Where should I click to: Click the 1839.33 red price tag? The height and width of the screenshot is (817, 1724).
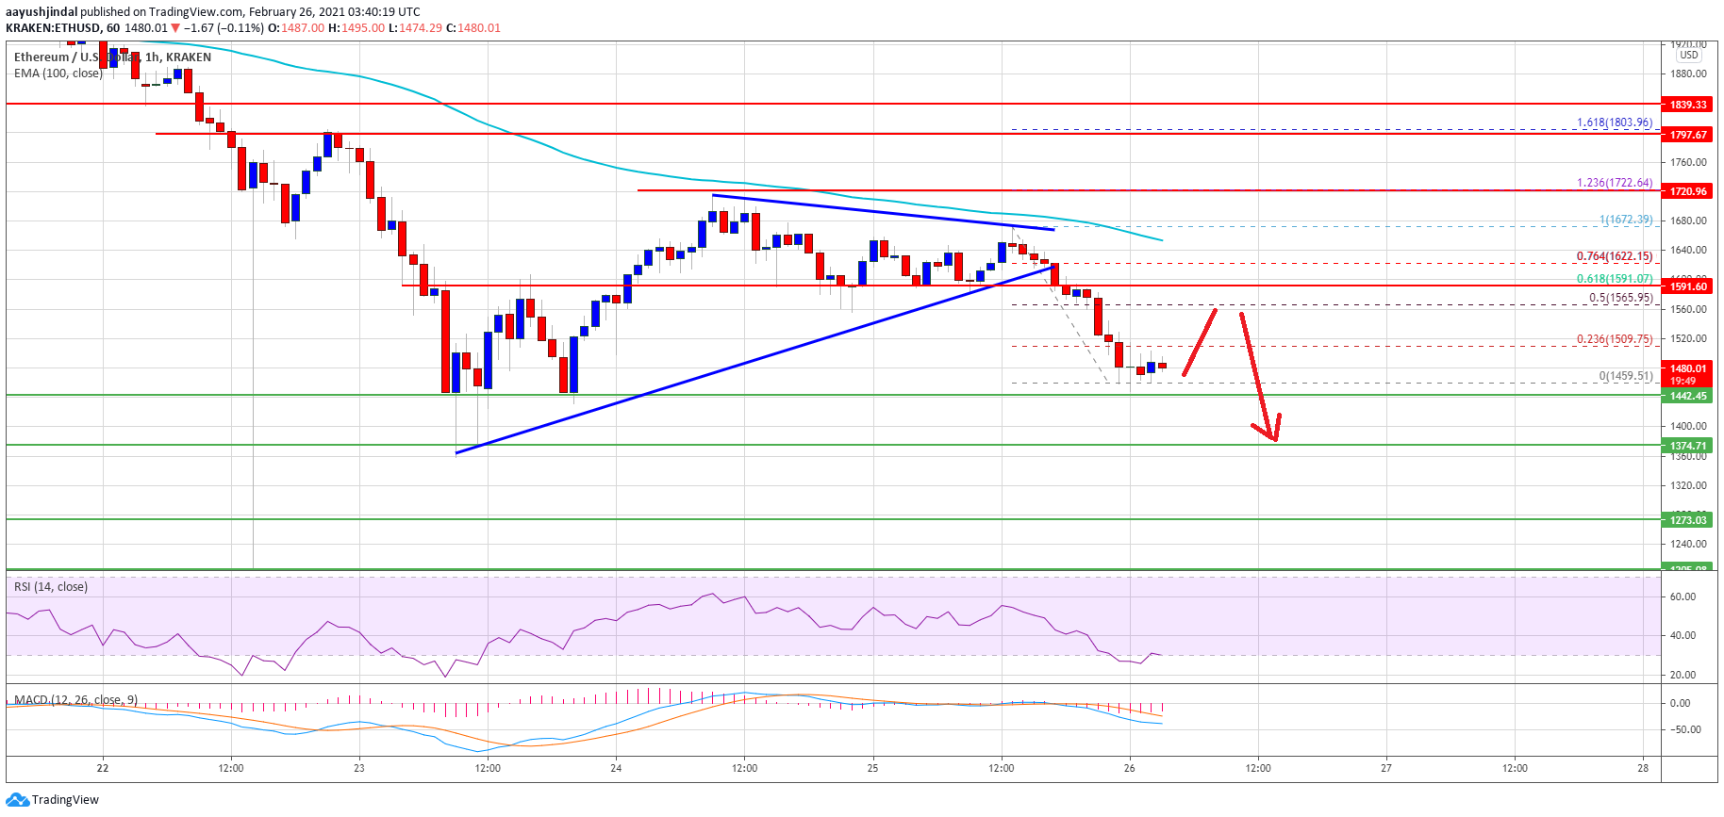pos(1688,105)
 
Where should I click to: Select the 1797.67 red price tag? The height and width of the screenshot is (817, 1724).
pos(1688,135)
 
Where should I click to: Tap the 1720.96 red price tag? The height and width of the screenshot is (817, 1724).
pos(1688,191)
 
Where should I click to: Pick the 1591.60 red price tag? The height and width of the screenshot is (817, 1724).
pos(1688,286)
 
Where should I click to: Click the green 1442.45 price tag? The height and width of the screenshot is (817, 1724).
pos(1688,396)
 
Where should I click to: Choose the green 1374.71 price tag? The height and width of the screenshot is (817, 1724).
pos(1688,446)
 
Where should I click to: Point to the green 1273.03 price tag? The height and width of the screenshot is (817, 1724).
pos(1688,519)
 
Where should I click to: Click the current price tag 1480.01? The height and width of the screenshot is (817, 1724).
pos(1688,368)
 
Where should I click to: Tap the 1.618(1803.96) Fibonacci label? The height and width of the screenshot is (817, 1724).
pos(1615,123)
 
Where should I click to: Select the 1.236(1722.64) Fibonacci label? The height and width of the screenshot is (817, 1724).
pos(1615,183)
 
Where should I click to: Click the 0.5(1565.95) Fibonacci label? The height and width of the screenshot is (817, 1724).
pos(1620,298)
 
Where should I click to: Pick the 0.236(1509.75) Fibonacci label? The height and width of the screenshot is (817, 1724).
pos(1615,339)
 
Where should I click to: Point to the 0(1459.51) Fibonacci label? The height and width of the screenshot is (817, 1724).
pos(1625,376)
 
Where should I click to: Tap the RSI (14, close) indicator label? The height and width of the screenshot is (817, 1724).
pos(51,587)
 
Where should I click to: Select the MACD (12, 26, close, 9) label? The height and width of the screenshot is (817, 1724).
pos(75,700)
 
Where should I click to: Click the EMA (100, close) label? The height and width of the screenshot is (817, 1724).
pos(58,74)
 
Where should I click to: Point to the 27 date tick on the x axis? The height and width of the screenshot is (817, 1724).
pos(1385,768)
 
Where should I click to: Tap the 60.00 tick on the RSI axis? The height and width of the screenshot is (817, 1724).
pos(1683,596)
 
